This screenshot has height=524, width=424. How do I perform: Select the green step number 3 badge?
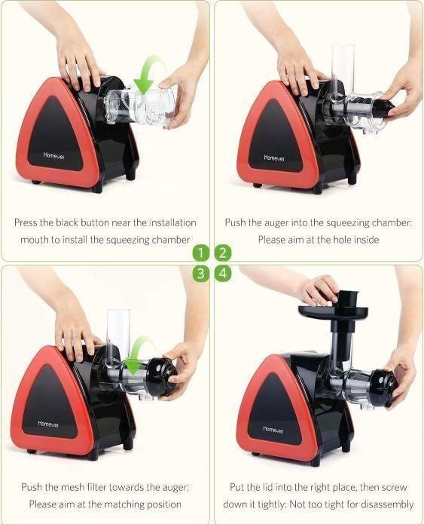pos(200,273)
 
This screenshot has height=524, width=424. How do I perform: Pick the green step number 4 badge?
pos(223,273)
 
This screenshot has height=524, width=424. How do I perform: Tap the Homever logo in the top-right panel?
pos(273,158)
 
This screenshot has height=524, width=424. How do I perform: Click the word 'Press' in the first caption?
pos(28,222)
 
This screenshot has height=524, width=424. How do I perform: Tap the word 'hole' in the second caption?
pos(349,239)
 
